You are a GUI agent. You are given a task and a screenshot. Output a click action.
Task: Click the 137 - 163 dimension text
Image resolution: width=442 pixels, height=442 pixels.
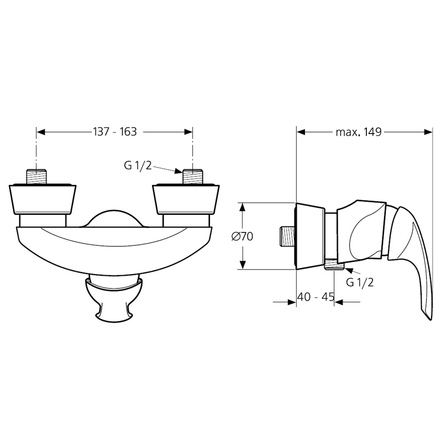(115, 131)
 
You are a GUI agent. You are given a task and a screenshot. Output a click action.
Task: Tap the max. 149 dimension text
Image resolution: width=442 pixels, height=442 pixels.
(358, 131)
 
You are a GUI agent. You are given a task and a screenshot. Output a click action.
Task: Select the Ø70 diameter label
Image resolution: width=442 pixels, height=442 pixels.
(243, 236)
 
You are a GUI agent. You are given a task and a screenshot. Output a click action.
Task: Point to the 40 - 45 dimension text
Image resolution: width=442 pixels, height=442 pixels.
(315, 297)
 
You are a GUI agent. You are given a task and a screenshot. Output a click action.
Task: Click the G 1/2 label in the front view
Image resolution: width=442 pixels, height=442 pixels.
(138, 166)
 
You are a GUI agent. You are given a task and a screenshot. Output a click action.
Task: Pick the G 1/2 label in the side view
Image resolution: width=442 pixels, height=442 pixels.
(360, 282)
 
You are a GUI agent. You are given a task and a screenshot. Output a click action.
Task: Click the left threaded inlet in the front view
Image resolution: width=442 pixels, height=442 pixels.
(36, 177)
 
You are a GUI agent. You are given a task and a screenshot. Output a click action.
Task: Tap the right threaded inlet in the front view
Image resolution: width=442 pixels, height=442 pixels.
(193, 177)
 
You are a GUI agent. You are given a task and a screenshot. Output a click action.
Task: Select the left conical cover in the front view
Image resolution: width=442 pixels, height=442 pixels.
(43, 199)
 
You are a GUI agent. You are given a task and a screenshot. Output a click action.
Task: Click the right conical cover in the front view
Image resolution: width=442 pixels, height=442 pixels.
(186, 199)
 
